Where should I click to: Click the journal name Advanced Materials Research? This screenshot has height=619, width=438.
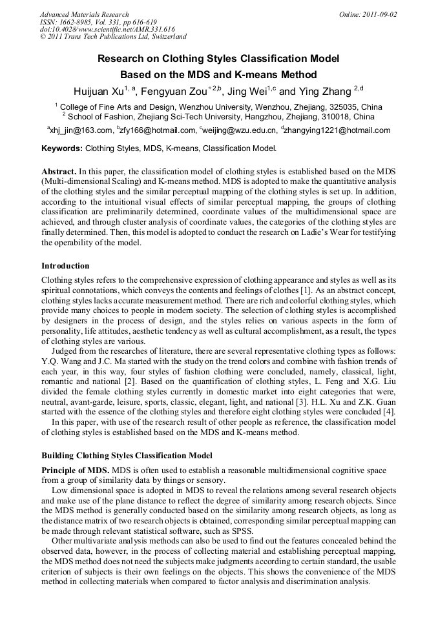pos(84,14)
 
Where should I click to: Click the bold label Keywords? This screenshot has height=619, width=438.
pos(62,148)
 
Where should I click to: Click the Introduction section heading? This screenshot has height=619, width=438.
pos(65,266)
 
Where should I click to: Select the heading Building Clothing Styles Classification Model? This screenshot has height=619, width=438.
pos(127,456)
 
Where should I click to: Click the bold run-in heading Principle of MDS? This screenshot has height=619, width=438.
pos(75,471)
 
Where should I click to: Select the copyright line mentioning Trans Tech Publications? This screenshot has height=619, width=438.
pos(113,37)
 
